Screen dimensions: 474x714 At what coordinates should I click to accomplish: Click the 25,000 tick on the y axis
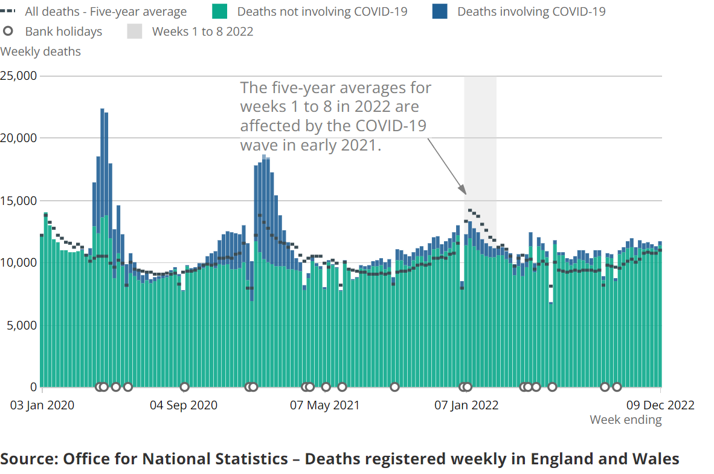(x=19, y=76)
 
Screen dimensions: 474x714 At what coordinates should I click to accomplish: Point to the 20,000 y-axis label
(x=19, y=138)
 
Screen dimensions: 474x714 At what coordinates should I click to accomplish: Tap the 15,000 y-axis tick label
(x=19, y=201)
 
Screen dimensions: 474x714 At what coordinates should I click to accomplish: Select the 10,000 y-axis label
(x=19, y=263)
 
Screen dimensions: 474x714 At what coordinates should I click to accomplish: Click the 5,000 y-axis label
(x=22, y=325)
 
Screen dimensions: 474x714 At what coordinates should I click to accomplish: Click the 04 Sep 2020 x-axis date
(x=184, y=405)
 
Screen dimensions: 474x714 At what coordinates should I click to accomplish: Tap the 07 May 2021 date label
(x=324, y=405)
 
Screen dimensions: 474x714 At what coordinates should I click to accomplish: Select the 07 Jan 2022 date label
(x=466, y=405)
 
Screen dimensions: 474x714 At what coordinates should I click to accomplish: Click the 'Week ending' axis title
(x=626, y=420)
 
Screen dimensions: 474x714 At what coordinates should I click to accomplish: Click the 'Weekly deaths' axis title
(x=40, y=51)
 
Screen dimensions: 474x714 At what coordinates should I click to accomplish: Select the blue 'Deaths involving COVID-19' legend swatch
(x=439, y=11)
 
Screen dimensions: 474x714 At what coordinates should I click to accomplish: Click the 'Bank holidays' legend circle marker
(x=8, y=31)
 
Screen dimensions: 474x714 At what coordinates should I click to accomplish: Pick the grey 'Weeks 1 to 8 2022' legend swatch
(x=135, y=31)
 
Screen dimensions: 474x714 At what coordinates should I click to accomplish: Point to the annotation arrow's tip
(x=465, y=193)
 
